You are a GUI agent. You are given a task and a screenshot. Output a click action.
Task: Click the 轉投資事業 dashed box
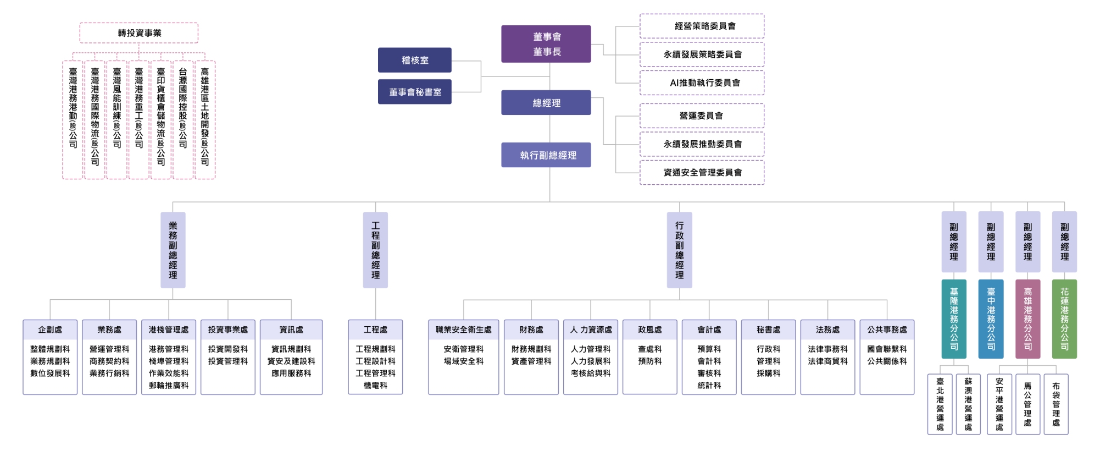[139, 33]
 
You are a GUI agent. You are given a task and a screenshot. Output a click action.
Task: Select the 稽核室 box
[415, 60]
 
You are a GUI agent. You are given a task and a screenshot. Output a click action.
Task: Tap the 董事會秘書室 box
[415, 92]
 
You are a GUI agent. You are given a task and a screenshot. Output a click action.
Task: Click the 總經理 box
[546, 103]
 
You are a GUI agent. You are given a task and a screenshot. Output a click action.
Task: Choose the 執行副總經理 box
[546, 155]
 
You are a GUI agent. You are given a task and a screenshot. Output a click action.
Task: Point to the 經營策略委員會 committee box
[702, 26]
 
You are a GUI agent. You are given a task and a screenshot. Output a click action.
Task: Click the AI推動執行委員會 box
[702, 83]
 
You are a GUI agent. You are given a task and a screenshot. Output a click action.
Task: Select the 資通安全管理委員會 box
[702, 172]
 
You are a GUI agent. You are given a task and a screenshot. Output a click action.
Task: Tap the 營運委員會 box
[702, 116]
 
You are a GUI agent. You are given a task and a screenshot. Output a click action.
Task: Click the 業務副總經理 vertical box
[173, 250]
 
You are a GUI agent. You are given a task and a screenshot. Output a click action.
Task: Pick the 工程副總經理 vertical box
[375, 250]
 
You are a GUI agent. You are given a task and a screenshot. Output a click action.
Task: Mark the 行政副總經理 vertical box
[680, 250]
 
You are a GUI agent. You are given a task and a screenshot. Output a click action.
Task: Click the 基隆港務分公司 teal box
[954, 319]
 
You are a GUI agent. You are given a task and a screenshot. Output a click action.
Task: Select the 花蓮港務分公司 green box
[1064, 319]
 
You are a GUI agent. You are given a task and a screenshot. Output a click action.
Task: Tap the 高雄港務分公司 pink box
[1027, 319]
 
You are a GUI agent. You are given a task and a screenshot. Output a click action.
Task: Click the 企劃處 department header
[50, 330]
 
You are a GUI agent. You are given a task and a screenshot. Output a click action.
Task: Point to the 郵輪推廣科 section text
[169, 385]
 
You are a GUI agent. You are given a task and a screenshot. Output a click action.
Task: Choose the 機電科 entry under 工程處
[375, 385]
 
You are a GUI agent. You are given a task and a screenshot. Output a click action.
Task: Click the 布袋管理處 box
[1056, 404]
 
